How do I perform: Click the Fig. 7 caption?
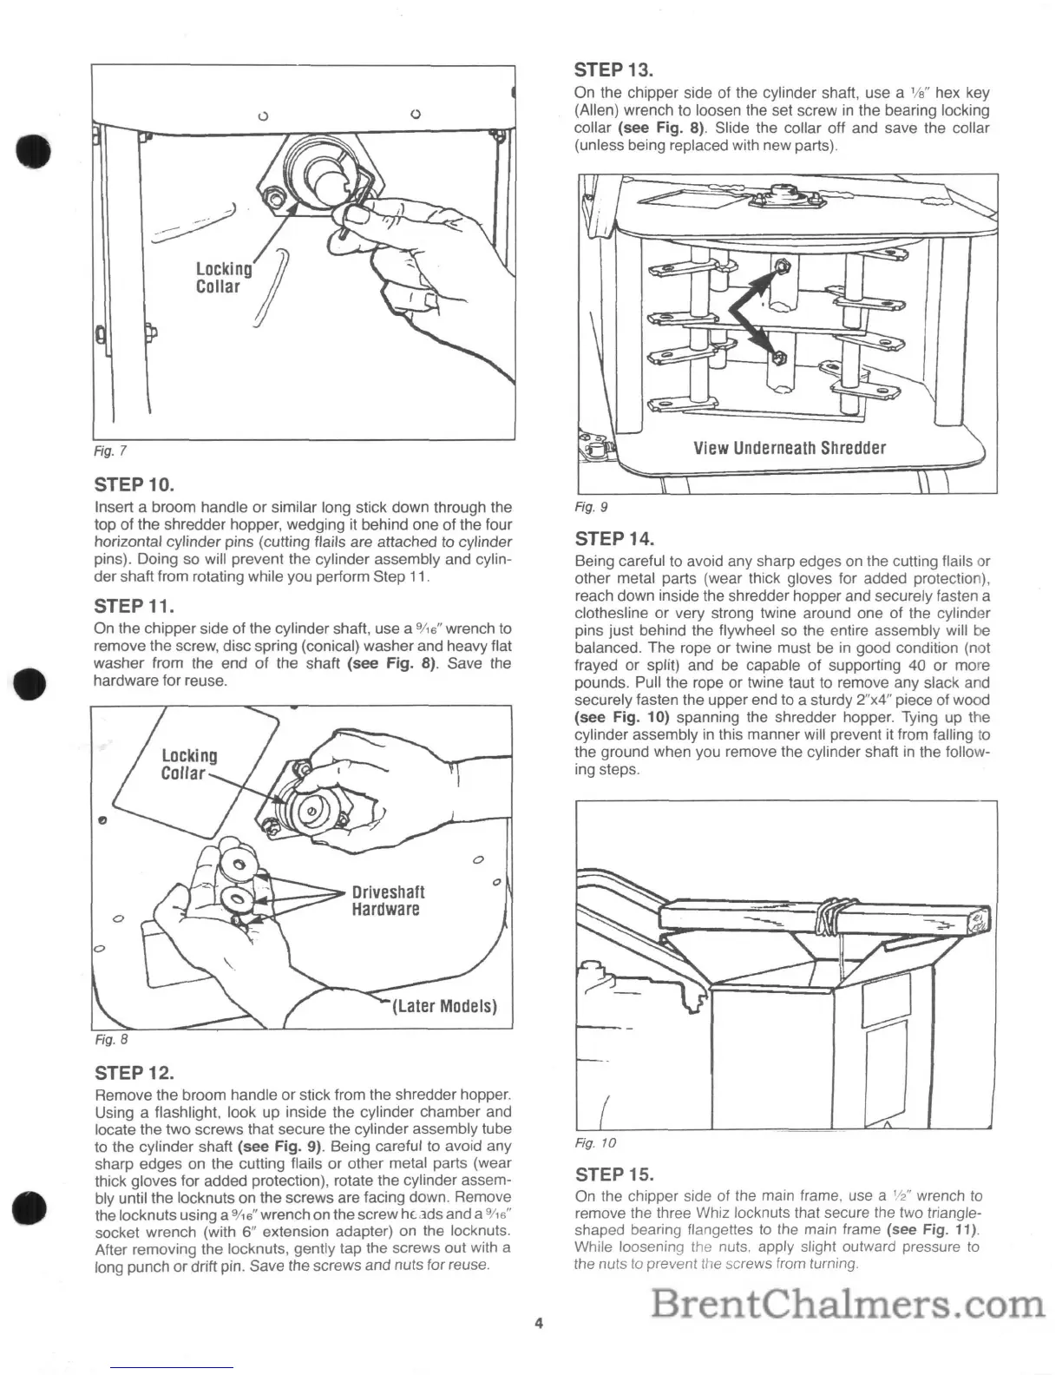(110, 451)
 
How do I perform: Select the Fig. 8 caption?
(110, 1038)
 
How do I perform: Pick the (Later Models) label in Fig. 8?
(445, 1007)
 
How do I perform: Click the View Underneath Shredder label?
(790, 448)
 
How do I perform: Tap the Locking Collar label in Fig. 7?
(222, 278)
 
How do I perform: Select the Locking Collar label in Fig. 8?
(188, 764)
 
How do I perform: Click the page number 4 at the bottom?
(539, 1324)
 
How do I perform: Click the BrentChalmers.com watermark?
(847, 1305)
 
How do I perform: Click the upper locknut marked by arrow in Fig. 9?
(780, 264)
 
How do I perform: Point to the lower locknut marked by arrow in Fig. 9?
(778, 356)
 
